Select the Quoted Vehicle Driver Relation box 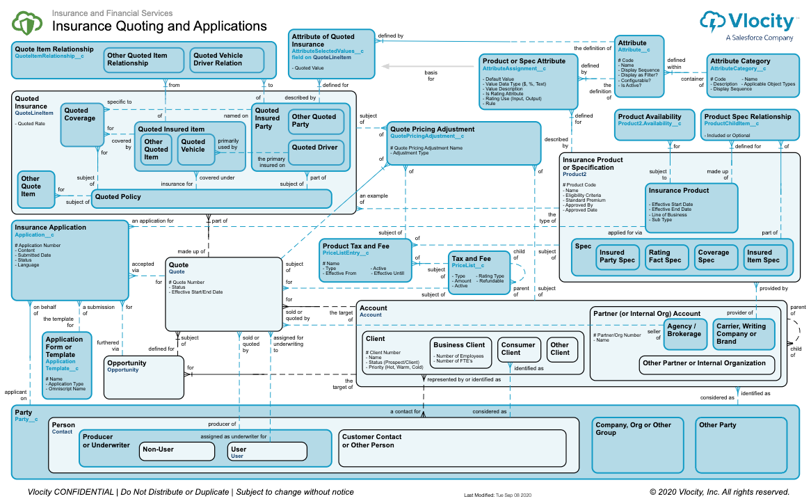(x=226, y=60)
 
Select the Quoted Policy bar (x=211, y=198)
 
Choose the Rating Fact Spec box (x=665, y=256)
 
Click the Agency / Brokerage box (x=684, y=333)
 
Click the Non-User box (x=177, y=451)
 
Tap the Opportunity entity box (x=144, y=376)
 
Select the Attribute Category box (x=751, y=74)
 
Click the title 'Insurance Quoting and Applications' (x=160, y=26)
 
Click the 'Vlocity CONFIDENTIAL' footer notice (x=191, y=492)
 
